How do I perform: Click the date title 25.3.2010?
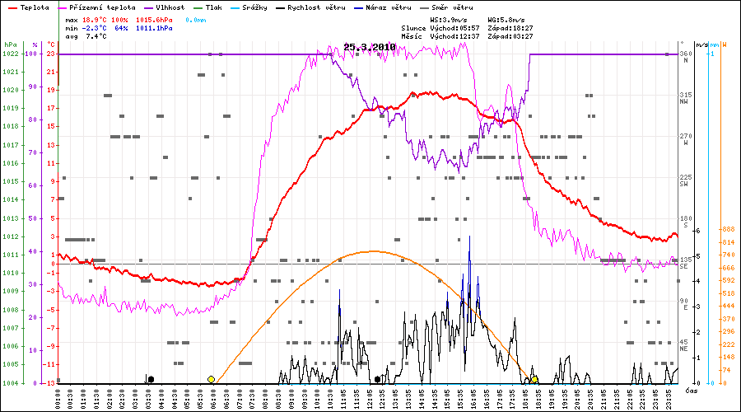(370, 47)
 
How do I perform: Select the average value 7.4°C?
(96, 36)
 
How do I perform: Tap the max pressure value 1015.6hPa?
(155, 19)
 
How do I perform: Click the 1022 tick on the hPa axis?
(10, 54)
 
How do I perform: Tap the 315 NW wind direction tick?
(685, 96)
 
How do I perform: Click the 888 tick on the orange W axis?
(704, 230)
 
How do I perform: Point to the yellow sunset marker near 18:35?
(534, 379)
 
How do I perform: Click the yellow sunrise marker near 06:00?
(211, 379)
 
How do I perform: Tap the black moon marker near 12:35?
(377, 379)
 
